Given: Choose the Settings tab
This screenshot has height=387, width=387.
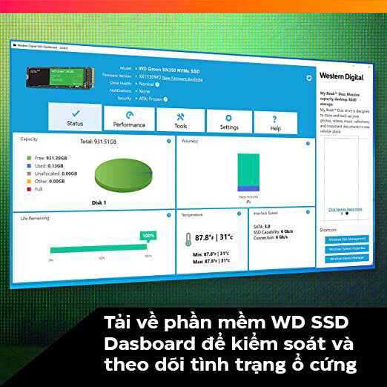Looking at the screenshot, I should click(x=229, y=122).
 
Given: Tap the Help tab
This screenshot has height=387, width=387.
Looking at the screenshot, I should click(x=276, y=124).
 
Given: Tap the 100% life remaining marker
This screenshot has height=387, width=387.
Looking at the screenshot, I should click(x=148, y=235).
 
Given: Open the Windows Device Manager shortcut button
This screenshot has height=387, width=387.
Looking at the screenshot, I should click(x=346, y=258).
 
